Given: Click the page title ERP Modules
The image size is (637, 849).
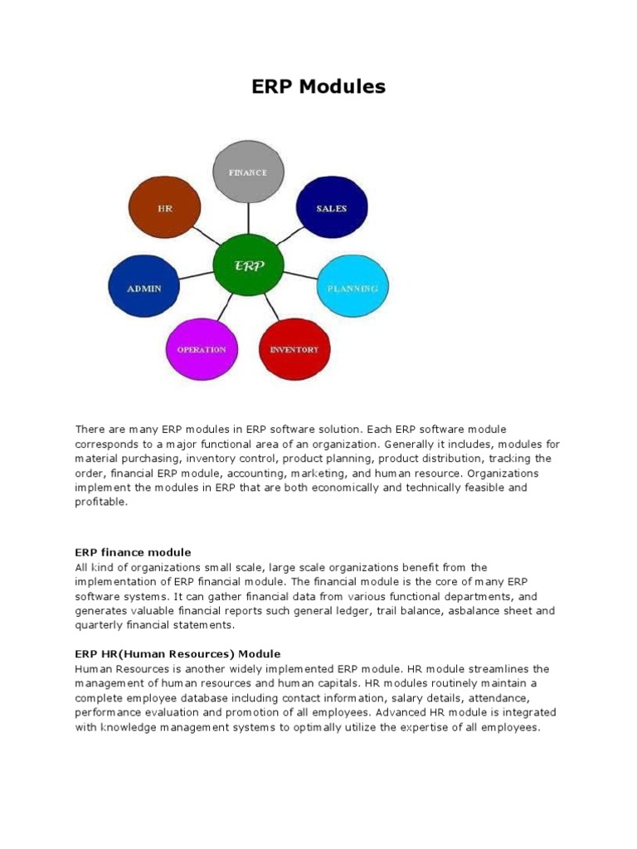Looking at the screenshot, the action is pyautogui.click(x=318, y=86).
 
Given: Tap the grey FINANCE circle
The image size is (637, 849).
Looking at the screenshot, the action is pyautogui.click(x=248, y=172).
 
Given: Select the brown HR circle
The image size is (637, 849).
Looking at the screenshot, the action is pyautogui.click(x=165, y=209).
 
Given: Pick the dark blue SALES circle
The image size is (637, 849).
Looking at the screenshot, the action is pyautogui.click(x=331, y=209).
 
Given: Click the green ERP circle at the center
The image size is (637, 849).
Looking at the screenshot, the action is pyautogui.click(x=249, y=266).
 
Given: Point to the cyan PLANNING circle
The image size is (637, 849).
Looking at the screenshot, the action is pyautogui.click(x=353, y=289).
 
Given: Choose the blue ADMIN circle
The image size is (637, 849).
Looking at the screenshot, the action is pyautogui.click(x=143, y=289).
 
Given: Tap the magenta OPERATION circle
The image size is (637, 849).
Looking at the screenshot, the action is pyautogui.click(x=202, y=349).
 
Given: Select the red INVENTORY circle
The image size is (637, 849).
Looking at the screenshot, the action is pyautogui.click(x=294, y=349).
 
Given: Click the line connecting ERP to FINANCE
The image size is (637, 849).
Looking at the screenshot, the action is pyautogui.click(x=248, y=220).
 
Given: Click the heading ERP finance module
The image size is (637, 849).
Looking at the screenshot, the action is pyautogui.click(x=133, y=552).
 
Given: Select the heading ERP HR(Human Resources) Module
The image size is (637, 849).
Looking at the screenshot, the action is pyautogui.click(x=177, y=654).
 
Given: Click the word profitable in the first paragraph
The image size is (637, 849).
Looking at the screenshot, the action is pyautogui.click(x=101, y=502).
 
